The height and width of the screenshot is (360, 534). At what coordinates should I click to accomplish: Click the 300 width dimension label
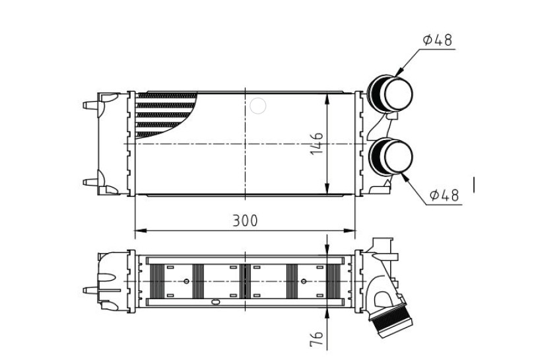pyautogui.click(x=245, y=221)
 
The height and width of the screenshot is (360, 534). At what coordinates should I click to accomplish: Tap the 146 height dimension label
pyautogui.click(x=317, y=143)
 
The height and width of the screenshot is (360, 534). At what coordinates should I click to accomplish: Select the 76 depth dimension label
pyautogui.click(x=316, y=338)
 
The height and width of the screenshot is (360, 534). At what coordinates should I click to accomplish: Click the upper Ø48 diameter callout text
pyautogui.click(x=438, y=40)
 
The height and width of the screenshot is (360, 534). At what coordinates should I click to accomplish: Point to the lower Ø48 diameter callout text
pyautogui.click(x=444, y=195)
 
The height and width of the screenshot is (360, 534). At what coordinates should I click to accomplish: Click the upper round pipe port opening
pyautogui.click(x=398, y=94)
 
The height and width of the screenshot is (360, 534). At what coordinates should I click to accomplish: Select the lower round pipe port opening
pyautogui.click(x=398, y=157)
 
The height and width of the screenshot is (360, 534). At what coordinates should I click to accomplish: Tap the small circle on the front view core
pyautogui.click(x=257, y=106)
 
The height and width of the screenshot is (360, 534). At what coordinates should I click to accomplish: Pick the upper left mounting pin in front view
pyautogui.click(x=91, y=104)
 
